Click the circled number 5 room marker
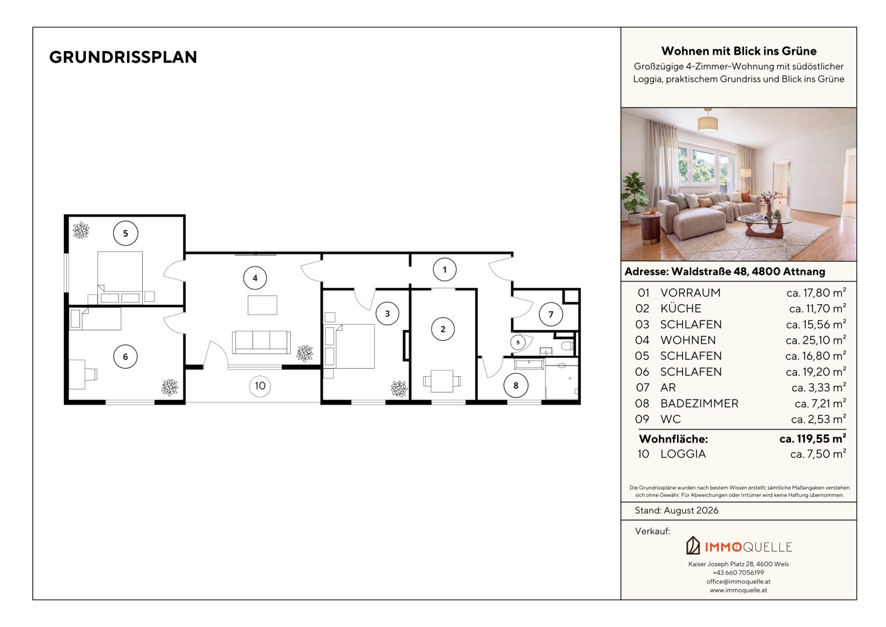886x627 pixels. (125, 233)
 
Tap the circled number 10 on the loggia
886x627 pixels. (260, 385)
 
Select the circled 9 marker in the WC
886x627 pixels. (518, 343)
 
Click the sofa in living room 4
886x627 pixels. (261, 342)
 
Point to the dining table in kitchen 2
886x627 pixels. (442, 381)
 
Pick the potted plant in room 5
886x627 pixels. (81, 230)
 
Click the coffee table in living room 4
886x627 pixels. (262, 305)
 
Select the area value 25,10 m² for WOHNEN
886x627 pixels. (816, 340)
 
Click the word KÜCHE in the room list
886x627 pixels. (681, 308)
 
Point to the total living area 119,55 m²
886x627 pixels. (812, 438)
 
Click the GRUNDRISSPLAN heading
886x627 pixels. (123, 57)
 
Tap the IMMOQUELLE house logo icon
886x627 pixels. (693, 545)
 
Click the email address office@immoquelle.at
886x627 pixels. (739, 582)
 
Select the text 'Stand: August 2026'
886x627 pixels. (677, 510)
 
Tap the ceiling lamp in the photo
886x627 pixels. (708, 121)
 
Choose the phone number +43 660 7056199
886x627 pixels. (739, 572)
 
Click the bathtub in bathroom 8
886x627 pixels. (529, 364)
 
